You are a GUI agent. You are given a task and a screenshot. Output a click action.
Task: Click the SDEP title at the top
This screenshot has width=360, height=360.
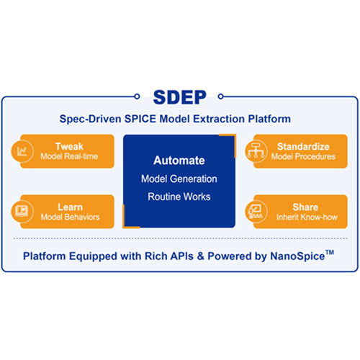[x=180, y=97]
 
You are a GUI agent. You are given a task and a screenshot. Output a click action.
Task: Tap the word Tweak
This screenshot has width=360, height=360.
[x=69, y=146]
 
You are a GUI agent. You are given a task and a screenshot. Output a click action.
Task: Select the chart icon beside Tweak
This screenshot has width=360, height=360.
[x=22, y=151]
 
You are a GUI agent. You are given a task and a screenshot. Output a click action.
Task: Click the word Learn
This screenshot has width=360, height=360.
[x=70, y=207]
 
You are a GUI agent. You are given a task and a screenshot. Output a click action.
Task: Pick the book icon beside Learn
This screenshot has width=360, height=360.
[x=22, y=211]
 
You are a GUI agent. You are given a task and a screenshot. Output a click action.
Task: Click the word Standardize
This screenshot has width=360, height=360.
[x=303, y=146]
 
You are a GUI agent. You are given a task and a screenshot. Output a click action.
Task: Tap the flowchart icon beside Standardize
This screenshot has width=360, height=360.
[x=256, y=151]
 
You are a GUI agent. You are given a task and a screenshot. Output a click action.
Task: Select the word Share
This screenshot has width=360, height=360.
[x=305, y=207]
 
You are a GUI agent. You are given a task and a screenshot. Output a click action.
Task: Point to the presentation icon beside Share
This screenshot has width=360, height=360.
[x=256, y=211]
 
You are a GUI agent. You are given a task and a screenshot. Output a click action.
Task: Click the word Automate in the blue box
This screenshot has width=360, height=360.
[x=179, y=161]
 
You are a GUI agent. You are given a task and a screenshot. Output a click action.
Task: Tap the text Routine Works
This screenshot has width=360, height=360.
[x=179, y=197]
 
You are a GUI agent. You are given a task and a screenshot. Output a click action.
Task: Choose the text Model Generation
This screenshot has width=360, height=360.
[x=179, y=179]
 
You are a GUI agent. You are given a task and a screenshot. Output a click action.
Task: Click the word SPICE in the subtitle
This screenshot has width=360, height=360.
[x=140, y=119]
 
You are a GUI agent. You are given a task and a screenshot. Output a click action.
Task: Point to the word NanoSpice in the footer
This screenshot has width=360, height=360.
[x=297, y=256]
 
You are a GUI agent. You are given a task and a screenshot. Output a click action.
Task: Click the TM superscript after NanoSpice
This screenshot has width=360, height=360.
[x=330, y=253]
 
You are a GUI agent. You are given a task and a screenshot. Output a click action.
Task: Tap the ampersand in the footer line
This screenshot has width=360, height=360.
[x=200, y=256]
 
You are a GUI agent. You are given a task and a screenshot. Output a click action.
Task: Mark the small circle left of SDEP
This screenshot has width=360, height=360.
[x=137, y=96]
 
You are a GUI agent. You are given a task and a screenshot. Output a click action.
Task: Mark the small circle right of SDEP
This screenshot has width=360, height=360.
[x=220, y=96]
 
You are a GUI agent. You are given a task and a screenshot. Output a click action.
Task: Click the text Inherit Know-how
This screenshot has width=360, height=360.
[x=307, y=217]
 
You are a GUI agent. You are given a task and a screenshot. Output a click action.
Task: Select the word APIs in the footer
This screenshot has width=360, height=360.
[x=181, y=256]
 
